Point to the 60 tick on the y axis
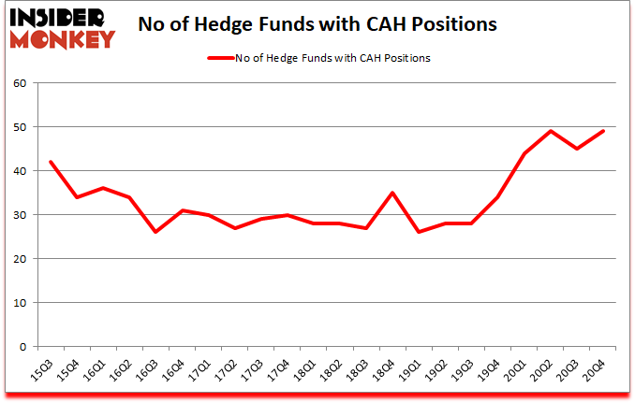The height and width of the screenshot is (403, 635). point(20,83)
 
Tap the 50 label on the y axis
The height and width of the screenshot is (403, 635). point(20,127)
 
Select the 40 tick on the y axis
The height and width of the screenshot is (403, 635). point(20,171)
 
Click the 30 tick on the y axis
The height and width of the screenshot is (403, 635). point(20,215)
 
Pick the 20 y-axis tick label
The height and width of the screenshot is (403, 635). point(20,259)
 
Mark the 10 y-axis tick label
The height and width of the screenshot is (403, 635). point(20,303)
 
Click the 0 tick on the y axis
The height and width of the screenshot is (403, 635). point(22,347)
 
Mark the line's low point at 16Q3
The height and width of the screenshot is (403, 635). point(155,232)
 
